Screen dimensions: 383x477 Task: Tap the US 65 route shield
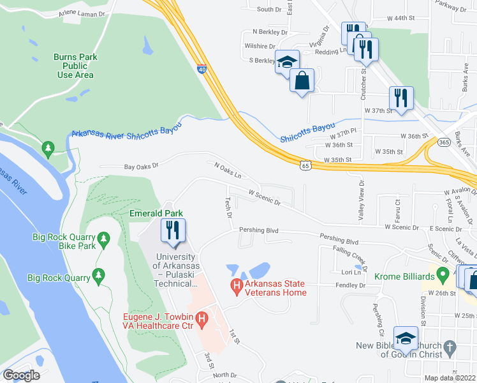307,165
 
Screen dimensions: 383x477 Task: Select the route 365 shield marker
443,143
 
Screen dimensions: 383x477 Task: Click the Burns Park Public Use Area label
75,66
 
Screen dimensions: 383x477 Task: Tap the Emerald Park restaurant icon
173,230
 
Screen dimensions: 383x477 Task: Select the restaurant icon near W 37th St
401,98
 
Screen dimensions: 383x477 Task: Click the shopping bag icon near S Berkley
302,80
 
